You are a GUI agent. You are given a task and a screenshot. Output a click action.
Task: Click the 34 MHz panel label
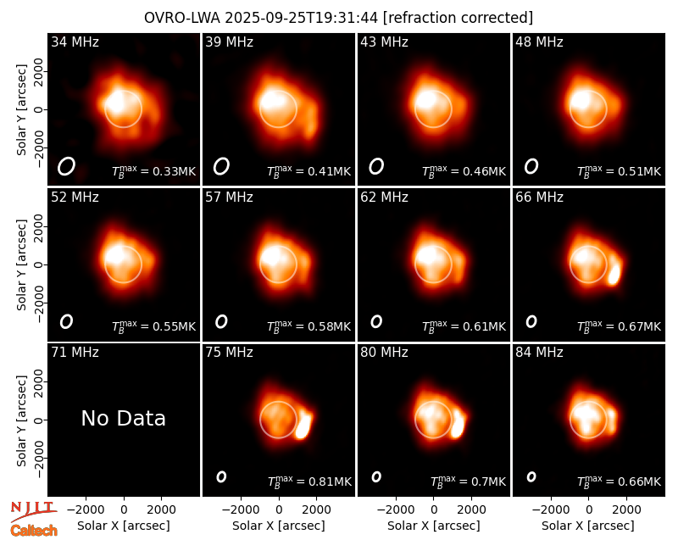(x=75, y=42)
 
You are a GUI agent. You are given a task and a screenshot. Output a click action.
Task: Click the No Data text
(x=123, y=418)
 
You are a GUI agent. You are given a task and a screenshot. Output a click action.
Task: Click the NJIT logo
(x=34, y=510)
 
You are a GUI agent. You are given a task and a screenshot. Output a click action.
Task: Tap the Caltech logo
(x=34, y=531)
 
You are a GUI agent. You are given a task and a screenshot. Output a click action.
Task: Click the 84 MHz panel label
(x=539, y=353)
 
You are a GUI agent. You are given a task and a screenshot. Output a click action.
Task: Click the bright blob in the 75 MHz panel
(x=303, y=426)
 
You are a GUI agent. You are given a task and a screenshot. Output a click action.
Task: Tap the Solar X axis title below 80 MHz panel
(x=434, y=526)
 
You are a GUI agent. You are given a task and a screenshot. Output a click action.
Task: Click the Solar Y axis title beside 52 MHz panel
(x=21, y=264)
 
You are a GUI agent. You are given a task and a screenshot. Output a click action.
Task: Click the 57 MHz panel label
(x=229, y=198)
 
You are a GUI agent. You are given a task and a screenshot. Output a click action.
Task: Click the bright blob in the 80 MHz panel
(x=458, y=425)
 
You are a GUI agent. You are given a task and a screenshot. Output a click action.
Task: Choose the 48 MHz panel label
(x=539, y=42)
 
